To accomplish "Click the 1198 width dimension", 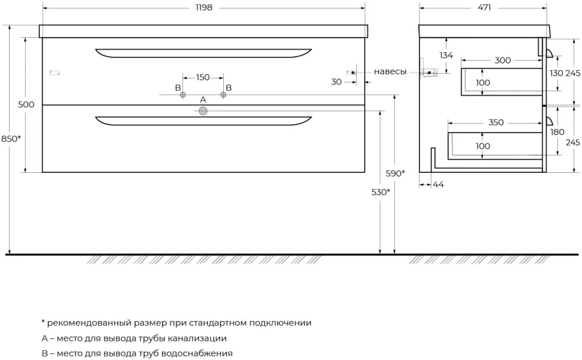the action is (204, 7).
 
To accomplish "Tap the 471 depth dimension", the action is (484, 7).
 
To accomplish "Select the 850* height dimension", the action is (11, 139).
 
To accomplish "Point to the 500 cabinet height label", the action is (26, 104).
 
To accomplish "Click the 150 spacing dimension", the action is (203, 77).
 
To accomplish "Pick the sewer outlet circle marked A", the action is (203, 110).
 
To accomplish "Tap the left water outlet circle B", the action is (182, 95).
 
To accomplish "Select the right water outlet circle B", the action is (223, 95).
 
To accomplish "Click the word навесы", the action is (390, 71).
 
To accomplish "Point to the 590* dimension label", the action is (395, 173).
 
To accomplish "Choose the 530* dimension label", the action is (381, 192).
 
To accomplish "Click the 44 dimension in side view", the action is (439, 184).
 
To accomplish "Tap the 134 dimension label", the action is (446, 55).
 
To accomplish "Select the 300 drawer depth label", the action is (503, 61).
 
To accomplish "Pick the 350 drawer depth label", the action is (496, 122).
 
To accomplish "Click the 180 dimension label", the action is (557, 132).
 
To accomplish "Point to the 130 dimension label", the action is (556, 73).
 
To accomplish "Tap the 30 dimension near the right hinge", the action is (336, 82).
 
